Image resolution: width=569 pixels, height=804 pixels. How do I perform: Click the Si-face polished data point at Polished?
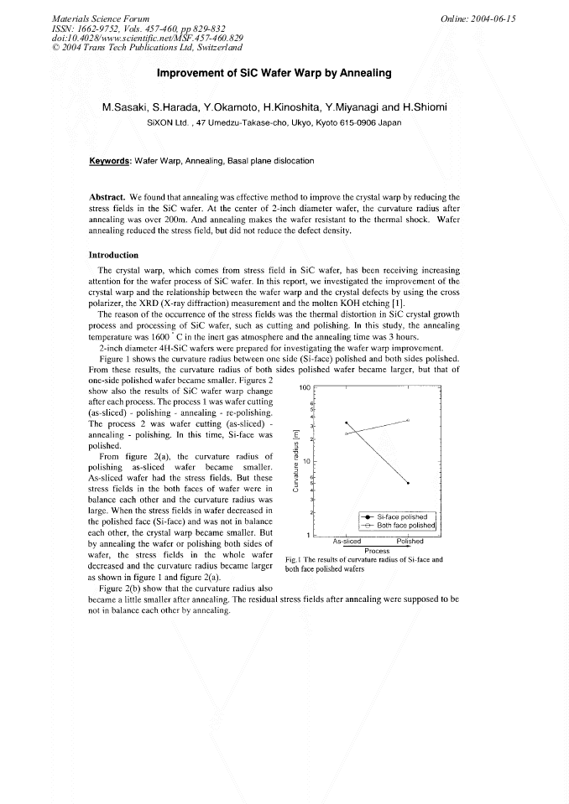(x=408, y=483)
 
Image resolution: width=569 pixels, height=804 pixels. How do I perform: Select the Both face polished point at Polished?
(x=408, y=419)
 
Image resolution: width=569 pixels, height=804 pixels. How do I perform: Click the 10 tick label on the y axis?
(x=307, y=461)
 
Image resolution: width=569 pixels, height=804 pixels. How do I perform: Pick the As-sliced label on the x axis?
(x=347, y=542)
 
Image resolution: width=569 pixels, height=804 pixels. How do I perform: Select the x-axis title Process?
(x=377, y=551)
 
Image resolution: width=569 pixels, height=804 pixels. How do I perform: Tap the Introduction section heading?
(x=113, y=255)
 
